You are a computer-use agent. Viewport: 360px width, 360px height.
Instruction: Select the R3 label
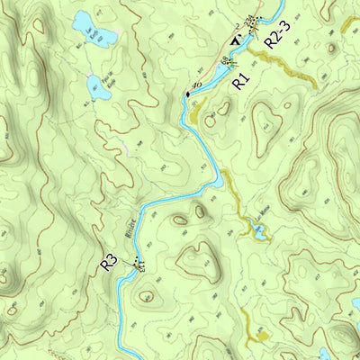109,263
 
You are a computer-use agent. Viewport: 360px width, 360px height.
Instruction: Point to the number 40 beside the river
197,85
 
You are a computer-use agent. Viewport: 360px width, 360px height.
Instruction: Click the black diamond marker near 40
188,94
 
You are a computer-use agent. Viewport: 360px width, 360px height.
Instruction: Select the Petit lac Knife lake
95,86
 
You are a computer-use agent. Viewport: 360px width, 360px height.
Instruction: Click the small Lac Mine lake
259,233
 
